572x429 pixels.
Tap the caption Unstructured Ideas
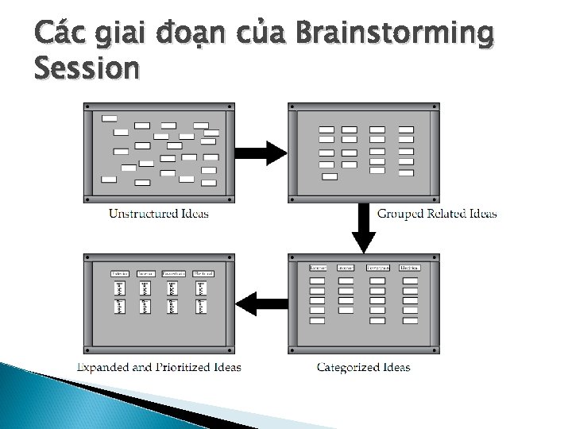click(x=159, y=214)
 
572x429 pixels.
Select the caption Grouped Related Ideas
click(x=437, y=214)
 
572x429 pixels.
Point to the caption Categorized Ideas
click(x=363, y=367)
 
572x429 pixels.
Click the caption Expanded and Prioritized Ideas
click(x=159, y=367)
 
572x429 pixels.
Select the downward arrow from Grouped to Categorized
click(x=364, y=230)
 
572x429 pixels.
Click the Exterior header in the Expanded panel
click(x=120, y=274)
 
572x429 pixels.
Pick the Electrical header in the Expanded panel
click(x=202, y=274)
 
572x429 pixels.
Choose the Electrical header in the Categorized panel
click(x=410, y=269)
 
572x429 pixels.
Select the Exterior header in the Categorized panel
click(x=319, y=269)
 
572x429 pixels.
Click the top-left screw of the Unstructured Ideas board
click(x=88, y=106)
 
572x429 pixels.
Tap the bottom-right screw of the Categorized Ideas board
click(x=436, y=350)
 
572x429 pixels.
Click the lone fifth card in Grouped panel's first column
click(x=328, y=177)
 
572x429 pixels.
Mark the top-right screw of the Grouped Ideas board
click(x=436, y=106)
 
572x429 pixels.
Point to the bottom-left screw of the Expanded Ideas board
click(x=88, y=350)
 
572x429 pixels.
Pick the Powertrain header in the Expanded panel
click(x=174, y=274)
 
